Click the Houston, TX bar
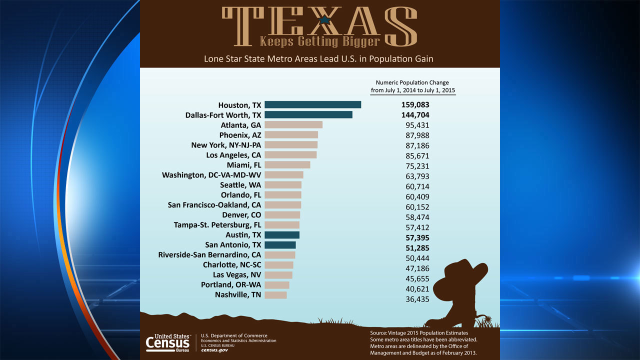(x=312, y=104)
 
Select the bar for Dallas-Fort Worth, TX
(x=308, y=114)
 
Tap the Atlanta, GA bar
(x=293, y=124)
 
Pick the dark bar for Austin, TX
(x=281, y=235)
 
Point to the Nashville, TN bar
(x=275, y=295)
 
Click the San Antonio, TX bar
(x=280, y=245)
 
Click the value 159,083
(x=415, y=105)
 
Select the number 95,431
(x=417, y=125)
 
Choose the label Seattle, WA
(x=240, y=185)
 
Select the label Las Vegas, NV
(x=237, y=275)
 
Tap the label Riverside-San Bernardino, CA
(x=209, y=255)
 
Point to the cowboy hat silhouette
(x=460, y=280)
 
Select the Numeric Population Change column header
(x=412, y=86)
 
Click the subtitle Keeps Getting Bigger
(x=320, y=41)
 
